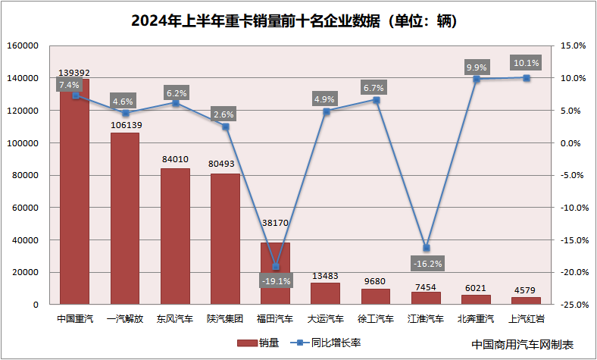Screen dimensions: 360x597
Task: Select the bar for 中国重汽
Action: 75,197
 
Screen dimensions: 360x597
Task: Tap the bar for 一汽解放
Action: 125,220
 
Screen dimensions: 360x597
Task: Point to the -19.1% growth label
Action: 276,281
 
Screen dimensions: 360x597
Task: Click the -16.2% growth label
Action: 427,264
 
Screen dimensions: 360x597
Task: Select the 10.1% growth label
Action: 527,63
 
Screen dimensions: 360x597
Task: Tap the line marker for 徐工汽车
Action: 377,100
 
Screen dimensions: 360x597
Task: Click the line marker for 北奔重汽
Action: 477,79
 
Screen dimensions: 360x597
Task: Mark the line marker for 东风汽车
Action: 175,102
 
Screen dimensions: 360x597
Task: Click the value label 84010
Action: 175,160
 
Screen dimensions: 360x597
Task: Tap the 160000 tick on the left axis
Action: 23,45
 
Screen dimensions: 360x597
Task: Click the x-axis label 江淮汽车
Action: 427,318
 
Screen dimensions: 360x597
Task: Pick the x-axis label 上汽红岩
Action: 527,318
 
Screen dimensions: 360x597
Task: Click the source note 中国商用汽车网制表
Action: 523,344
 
